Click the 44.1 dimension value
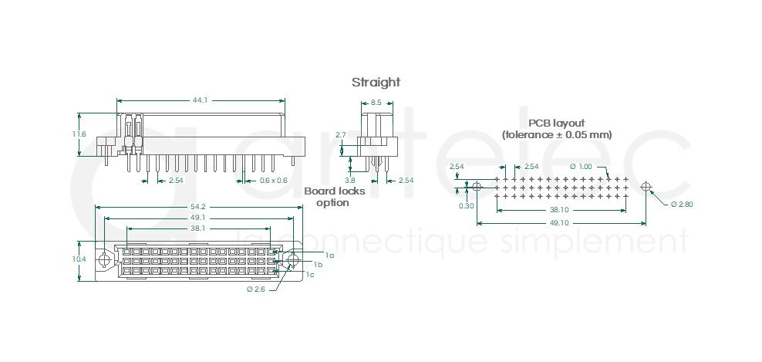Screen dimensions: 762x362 [x=201, y=100]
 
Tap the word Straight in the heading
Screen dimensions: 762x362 [x=376, y=83]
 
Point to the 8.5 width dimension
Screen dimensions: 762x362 [x=376, y=103]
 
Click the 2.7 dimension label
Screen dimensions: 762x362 [x=341, y=134]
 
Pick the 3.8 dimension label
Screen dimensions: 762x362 [x=350, y=180]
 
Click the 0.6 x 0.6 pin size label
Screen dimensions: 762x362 [x=273, y=181]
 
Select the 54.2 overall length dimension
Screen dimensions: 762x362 [x=198, y=207]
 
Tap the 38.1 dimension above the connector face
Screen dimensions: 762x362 [x=197, y=228]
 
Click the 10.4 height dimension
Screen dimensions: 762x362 [x=79, y=259]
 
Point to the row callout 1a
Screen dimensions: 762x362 [x=330, y=255]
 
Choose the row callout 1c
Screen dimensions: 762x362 [x=310, y=275]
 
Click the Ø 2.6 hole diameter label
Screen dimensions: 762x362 [x=255, y=289]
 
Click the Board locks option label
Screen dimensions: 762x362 [x=335, y=197]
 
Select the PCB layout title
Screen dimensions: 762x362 [x=556, y=123]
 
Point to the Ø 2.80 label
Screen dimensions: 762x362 [x=682, y=205]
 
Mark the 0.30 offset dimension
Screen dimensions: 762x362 [x=467, y=206]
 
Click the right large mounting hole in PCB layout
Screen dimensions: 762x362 [x=646, y=186]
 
